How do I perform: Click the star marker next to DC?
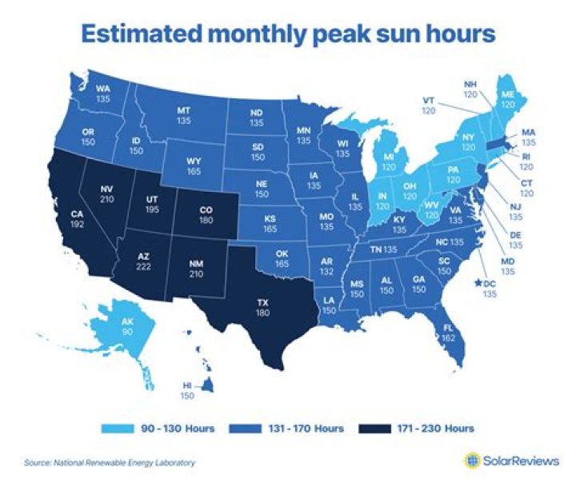(x=477, y=282)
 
